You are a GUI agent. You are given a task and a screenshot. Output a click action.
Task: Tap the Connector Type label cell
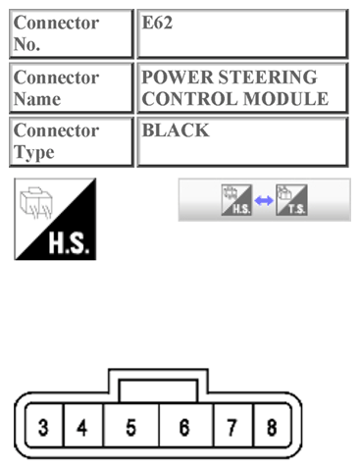[66, 142]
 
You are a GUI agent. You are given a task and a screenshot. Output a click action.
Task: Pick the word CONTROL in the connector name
[186, 98]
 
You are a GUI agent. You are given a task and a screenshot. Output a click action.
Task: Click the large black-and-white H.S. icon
[55, 219]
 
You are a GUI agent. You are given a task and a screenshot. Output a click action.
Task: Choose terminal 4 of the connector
[81, 428]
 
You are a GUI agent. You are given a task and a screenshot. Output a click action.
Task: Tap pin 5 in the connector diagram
[129, 428]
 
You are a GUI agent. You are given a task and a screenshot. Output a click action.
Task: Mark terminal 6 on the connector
[183, 428]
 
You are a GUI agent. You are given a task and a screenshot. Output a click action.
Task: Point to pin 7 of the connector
[232, 428]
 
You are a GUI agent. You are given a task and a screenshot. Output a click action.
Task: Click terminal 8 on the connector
[270, 428]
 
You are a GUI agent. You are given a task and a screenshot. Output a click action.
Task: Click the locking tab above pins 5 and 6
[157, 389]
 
